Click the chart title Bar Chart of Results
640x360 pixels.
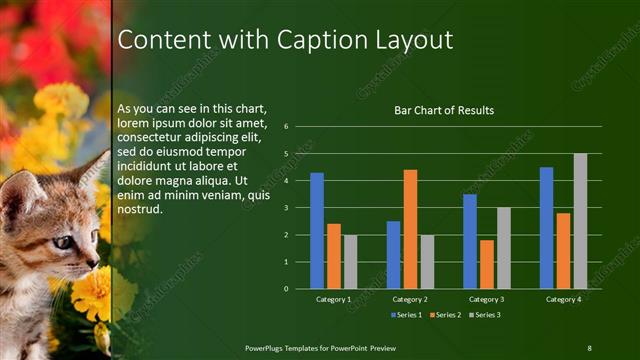443,111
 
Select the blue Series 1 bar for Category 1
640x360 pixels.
317,230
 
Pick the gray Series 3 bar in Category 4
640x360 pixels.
580,221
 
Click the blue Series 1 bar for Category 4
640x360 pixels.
546,228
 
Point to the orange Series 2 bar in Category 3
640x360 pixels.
486,264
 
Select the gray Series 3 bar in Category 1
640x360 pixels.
350,262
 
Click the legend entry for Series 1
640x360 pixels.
405,315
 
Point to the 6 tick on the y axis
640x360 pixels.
286,127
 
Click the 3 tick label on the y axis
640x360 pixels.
286,208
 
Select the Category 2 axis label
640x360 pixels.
410,299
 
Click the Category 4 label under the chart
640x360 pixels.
563,299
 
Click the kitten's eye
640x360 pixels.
62,241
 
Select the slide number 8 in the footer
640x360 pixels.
589,346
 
